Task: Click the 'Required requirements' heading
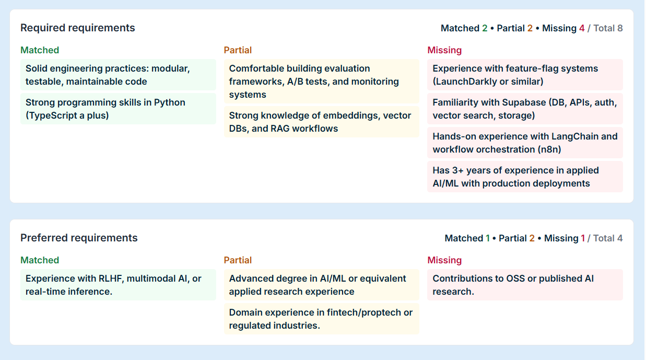(x=77, y=28)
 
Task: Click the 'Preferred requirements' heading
(x=79, y=238)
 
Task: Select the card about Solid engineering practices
(x=118, y=75)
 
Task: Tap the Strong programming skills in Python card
(x=118, y=109)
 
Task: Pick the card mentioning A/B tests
(x=321, y=82)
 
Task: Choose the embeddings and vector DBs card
(x=321, y=122)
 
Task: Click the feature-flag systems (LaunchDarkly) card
(x=525, y=75)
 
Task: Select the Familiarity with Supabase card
(x=525, y=109)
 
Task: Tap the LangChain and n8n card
(x=525, y=143)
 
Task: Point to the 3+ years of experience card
(x=525, y=177)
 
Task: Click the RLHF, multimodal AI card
(x=118, y=285)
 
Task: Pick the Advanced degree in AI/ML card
(x=321, y=285)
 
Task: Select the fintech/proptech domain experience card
(x=321, y=319)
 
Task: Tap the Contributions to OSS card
(x=525, y=285)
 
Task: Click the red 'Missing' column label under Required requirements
(x=444, y=50)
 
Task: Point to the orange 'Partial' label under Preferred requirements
(x=238, y=260)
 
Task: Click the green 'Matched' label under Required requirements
(x=40, y=50)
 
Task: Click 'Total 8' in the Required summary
(x=608, y=28)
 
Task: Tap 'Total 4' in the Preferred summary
(x=608, y=238)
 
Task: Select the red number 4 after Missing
(x=582, y=28)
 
